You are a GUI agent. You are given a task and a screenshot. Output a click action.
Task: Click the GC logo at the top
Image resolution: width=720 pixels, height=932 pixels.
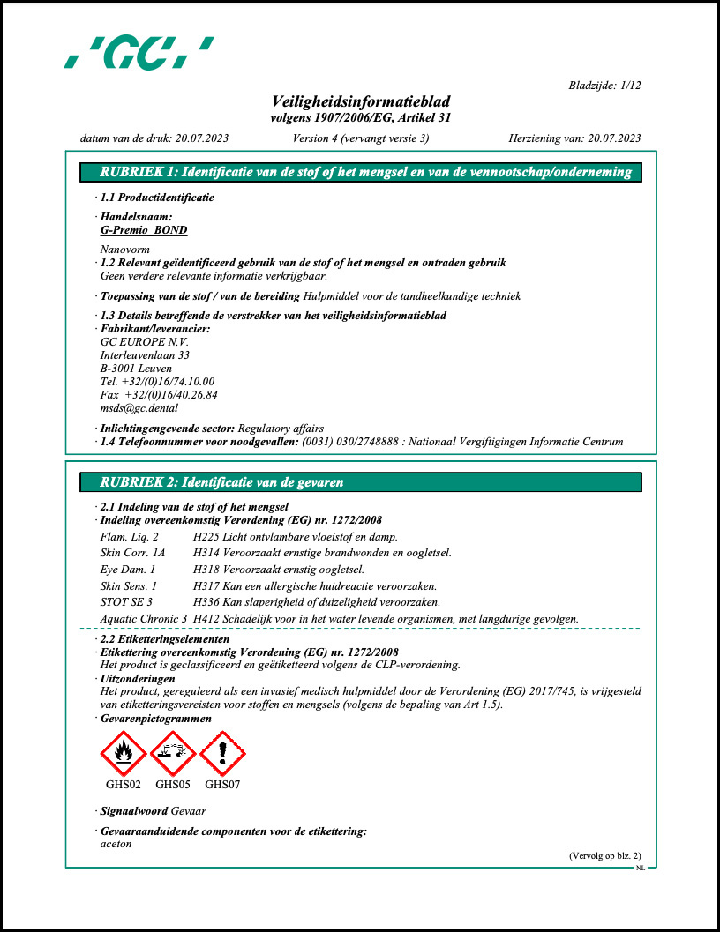tap(139, 53)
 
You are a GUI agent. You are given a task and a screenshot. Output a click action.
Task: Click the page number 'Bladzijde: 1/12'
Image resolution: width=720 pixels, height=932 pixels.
tap(604, 86)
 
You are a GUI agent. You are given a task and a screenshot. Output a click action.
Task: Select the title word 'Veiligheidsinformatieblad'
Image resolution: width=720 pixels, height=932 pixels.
tap(361, 101)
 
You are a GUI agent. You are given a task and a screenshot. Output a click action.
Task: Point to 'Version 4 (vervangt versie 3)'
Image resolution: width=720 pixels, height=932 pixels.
tap(360, 138)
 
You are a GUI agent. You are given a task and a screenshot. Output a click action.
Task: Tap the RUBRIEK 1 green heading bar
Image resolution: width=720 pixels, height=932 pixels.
tap(360, 172)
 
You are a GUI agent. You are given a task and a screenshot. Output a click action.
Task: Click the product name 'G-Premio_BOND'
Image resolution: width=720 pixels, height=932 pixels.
tap(144, 230)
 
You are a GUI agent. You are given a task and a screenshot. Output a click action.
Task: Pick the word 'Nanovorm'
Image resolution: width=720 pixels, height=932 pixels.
tap(125, 250)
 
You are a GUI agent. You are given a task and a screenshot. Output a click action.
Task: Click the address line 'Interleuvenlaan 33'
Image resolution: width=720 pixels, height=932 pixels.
tap(145, 355)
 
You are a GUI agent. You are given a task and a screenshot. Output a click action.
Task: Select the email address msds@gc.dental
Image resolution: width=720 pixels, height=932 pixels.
tap(139, 408)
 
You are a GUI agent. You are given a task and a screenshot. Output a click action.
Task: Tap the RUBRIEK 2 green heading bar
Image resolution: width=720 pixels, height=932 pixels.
tap(360, 482)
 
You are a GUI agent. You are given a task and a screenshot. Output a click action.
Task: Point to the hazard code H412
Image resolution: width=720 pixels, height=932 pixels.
tap(206, 619)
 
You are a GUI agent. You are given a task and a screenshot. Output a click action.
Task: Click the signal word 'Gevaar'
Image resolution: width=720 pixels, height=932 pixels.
tap(189, 810)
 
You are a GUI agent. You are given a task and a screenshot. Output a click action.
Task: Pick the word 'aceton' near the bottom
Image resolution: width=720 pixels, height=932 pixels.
tap(116, 844)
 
